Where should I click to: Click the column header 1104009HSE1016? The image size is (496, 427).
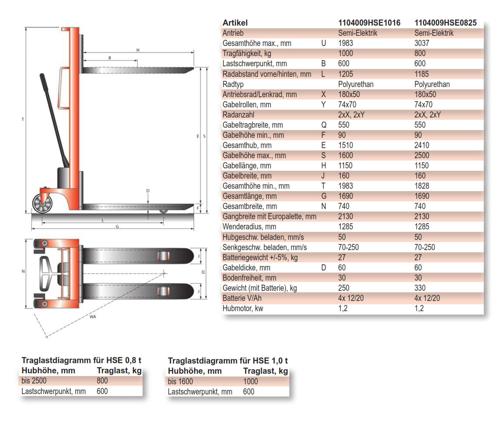click(369, 23)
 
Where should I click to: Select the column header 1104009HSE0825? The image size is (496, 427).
click(445, 23)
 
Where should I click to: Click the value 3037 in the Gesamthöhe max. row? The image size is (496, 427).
click(422, 43)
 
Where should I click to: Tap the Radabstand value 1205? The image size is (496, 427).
click(345, 74)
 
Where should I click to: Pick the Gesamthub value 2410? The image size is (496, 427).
click(422, 145)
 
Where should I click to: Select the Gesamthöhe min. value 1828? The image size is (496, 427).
click(422, 186)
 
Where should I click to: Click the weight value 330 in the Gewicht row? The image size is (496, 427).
click(420, 288)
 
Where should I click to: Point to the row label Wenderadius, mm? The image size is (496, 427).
click(249, 227)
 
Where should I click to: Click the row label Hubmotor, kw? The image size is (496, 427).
click(243, 308)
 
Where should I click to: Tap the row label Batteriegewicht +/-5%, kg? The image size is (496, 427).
click(260, 257)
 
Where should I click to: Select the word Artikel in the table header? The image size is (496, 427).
click(235, 23)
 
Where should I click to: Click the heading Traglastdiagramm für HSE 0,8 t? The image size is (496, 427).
click(81, 360)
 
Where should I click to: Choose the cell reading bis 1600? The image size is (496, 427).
click(180, 381)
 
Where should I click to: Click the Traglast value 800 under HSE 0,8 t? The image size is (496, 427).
click(102, 381)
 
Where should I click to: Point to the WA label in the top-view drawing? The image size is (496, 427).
click(93, 317)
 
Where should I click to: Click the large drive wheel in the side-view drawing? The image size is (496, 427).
click(42, 203)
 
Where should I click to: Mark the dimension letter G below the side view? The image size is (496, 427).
click(117, 227)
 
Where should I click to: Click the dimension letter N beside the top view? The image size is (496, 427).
click(23, 271)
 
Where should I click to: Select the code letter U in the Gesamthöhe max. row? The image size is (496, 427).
click(323, 43)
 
